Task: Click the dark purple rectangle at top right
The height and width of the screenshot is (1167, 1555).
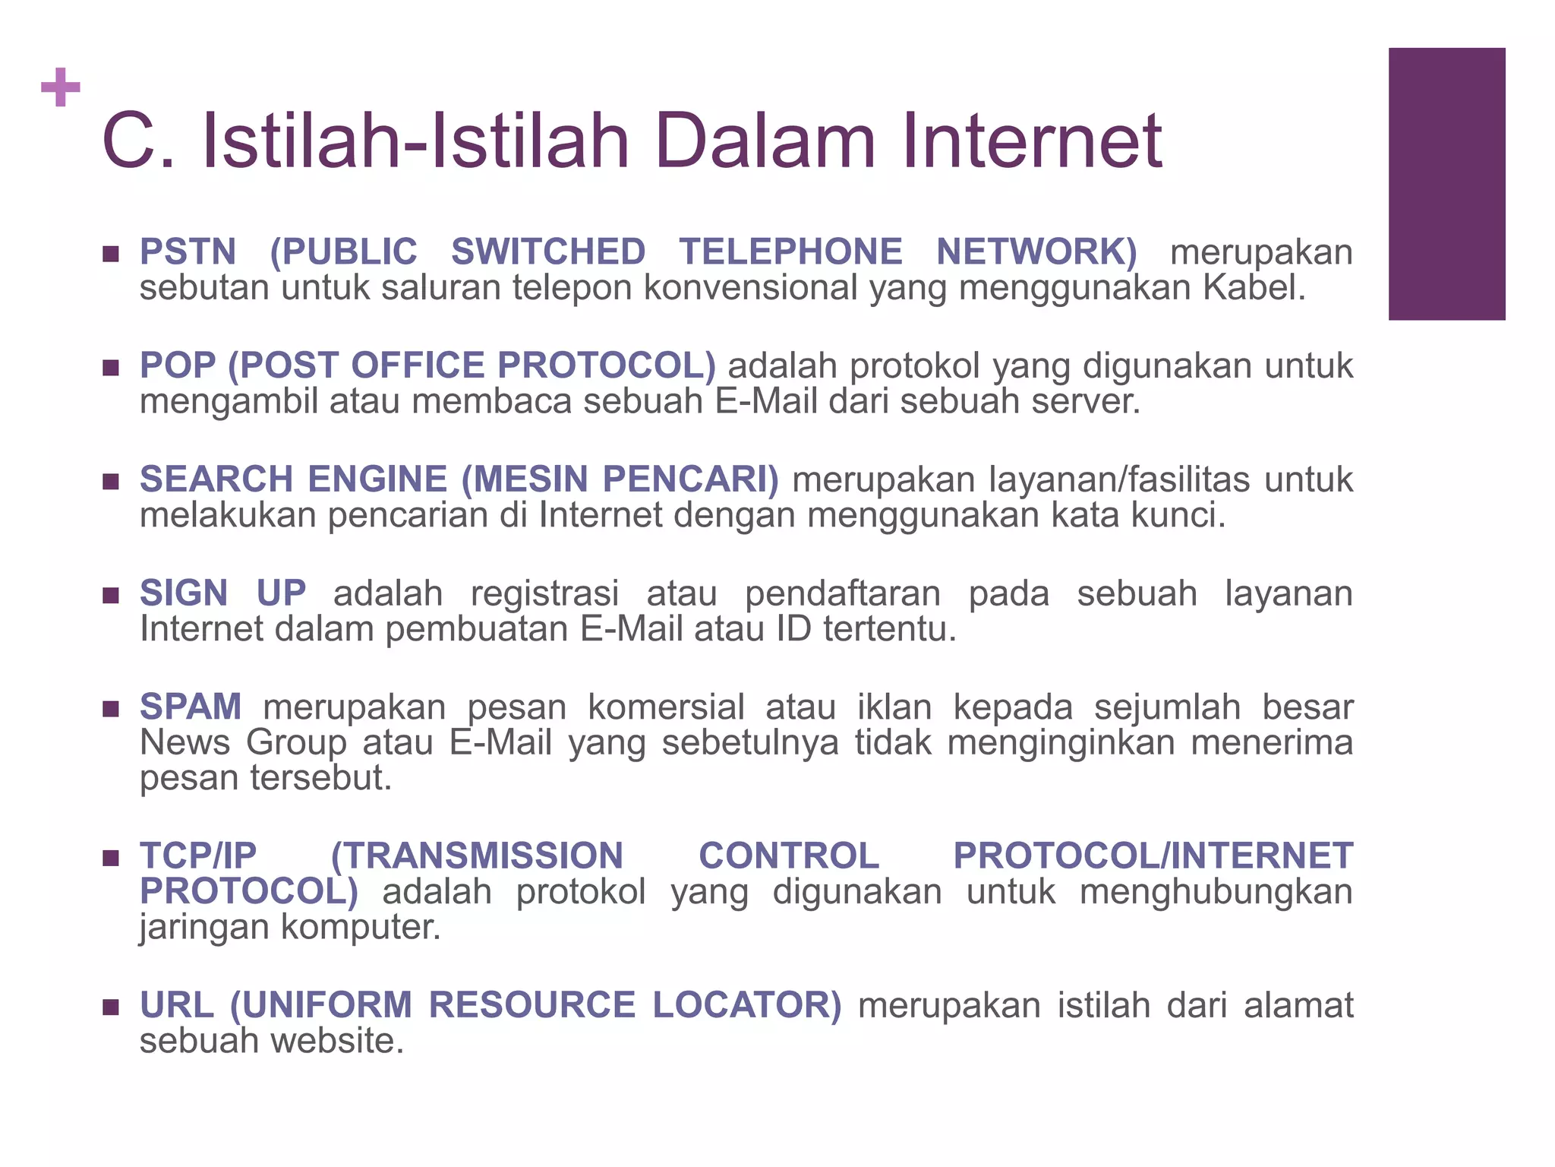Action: [1446, 184]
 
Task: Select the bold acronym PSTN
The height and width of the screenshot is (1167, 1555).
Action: [188, 251]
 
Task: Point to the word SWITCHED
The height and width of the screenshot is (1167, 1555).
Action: [548, 251]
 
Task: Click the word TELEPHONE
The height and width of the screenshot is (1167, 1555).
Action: [790, 251]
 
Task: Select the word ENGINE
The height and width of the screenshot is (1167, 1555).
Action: [377, 479]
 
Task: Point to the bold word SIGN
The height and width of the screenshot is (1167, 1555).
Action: [184, 593]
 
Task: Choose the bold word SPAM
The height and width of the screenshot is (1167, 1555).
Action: [191, 707]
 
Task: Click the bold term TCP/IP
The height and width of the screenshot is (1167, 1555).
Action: [198, 855]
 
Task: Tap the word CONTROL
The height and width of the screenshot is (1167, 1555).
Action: [789, 855]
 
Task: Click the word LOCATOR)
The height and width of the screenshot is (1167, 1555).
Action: [747, 1004]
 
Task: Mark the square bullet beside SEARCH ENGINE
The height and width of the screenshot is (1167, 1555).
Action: [111, 482]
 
